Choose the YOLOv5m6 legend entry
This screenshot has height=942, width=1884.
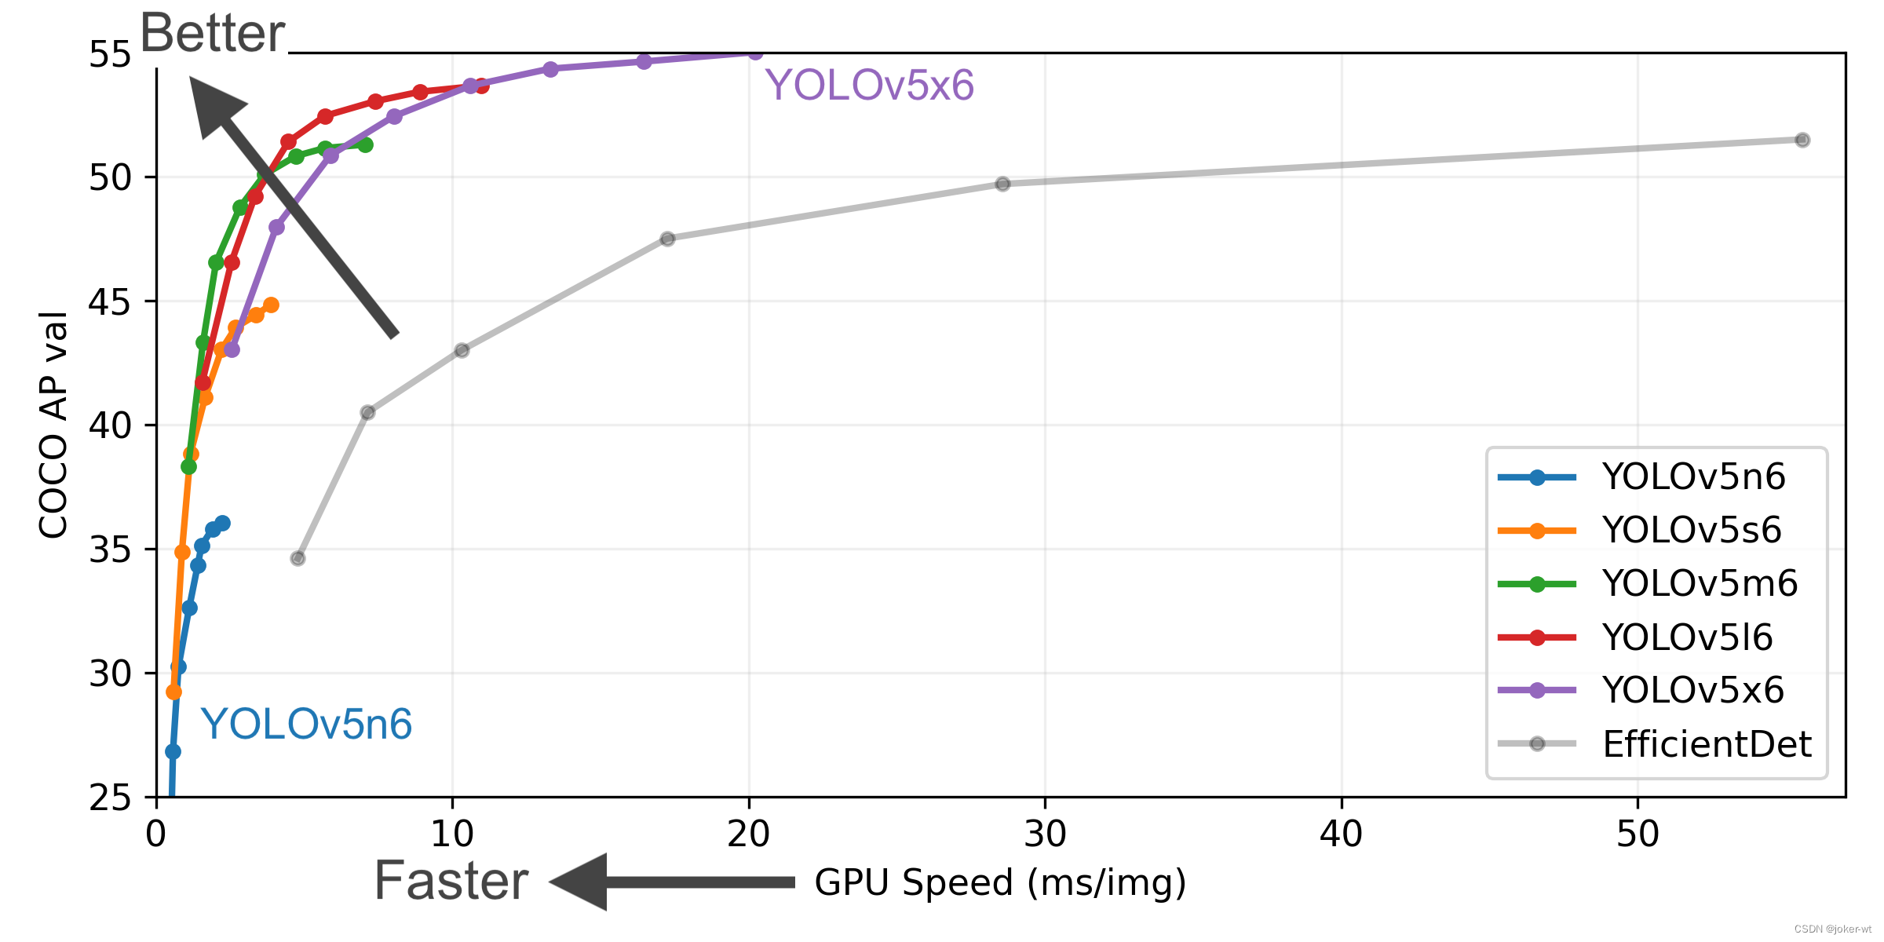[x=1699, y=583]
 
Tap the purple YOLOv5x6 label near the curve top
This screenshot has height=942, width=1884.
[x=869, y=85]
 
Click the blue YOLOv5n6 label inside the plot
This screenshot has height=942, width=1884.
[x=306, y=724]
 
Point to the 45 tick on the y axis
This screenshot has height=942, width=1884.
[x=110, y=301]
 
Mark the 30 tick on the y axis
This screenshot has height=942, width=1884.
[x=110, y=674]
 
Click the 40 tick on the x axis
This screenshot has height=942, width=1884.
[x=1341, y=834]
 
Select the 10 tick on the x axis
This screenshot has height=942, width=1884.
[x=452, y=834]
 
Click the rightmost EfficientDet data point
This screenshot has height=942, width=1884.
[x=1802, y=140]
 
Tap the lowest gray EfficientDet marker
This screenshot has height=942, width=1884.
[x=298, y=558]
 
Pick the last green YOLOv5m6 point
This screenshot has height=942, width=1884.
[x=365, y=144]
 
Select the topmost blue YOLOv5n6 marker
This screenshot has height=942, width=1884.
[x=222, y=523]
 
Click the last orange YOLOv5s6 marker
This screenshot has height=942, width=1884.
[x=271, y=305]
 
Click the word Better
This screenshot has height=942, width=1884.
[x=212, y=33]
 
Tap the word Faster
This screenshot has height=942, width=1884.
[x=451, y=881]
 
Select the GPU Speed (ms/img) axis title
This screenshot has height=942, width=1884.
[x=1000, y=882]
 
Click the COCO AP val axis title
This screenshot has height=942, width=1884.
[x=53, y=425]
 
